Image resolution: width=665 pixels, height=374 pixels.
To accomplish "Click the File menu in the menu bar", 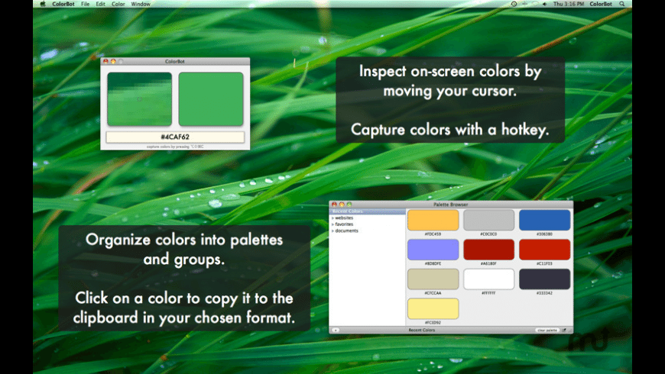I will [x=85, y=4].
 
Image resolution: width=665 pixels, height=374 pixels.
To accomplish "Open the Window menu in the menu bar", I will [x=141, y=4].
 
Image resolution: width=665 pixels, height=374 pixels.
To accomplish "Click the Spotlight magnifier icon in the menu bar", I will [x=622, y=4].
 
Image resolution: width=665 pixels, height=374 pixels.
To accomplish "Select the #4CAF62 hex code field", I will [x=175, y=137].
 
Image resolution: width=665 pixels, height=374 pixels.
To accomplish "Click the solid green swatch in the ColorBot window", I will [x=211, y=99].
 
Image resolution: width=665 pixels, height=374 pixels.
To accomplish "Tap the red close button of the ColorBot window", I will [x=105, y=61].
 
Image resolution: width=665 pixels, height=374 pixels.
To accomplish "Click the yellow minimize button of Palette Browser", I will [x=342, y=205].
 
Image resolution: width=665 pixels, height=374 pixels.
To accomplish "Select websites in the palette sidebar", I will [x=344, y=218].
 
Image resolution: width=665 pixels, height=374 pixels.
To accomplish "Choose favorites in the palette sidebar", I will [x=344, y=224].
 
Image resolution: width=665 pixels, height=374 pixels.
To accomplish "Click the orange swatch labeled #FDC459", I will [x=433, y=220].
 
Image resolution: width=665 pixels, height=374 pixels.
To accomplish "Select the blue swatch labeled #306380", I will [x=545, y=220].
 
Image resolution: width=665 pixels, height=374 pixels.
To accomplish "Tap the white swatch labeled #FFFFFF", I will [x=489, y=279].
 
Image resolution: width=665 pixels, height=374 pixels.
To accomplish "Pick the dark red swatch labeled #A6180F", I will [x=489, y=250].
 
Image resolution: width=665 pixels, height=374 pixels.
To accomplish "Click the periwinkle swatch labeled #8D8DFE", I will [x=433, y=250].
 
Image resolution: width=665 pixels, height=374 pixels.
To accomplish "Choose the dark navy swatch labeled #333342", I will [x=545, y=279].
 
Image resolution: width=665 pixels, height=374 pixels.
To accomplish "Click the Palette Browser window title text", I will [x=450, y=205].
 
